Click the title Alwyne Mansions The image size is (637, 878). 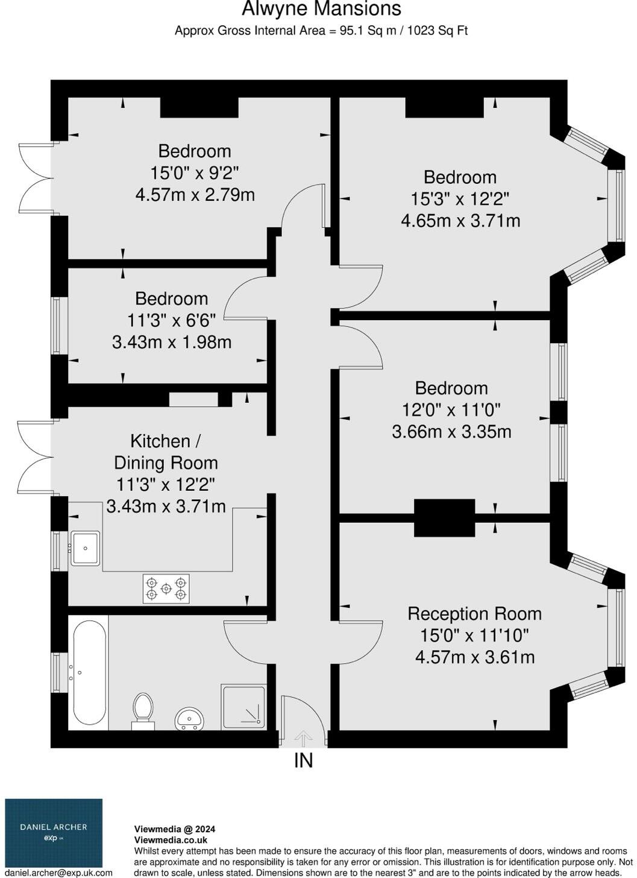point(321,9)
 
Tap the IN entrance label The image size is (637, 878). point(303,761)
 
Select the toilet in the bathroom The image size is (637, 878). point(143,709)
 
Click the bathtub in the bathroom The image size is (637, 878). point(89,672)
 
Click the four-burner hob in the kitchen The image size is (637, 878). point(166,589)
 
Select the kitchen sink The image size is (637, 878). point(85,548)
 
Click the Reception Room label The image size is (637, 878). point(474,614)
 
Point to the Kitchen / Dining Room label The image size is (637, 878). point(166,452)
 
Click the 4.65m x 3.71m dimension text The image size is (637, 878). point(460,221)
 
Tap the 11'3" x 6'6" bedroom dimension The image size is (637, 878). point(171,320)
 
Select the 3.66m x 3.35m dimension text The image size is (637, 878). point(451,432)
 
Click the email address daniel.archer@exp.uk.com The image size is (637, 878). point(58,873)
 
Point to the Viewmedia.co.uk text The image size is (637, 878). point(170,840)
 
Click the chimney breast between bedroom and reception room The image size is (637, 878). point(444,518)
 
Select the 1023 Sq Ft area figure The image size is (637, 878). point(438,30)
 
